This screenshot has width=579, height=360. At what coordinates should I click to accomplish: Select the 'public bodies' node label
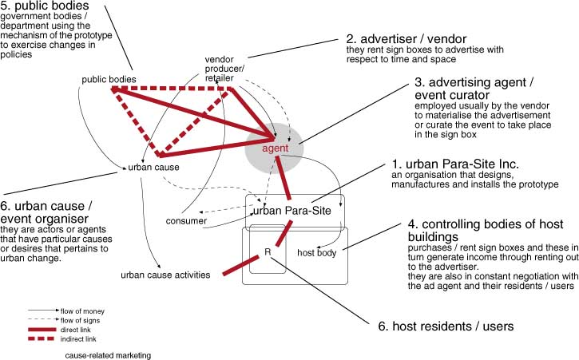(109, 79)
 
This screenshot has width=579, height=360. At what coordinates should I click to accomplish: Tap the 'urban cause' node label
(153, 168)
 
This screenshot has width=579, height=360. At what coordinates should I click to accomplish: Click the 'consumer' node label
(187, 220)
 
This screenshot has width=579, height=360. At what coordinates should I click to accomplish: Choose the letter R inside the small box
(268, 253)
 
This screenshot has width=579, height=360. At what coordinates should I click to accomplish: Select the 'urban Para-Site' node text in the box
(291, 210)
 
